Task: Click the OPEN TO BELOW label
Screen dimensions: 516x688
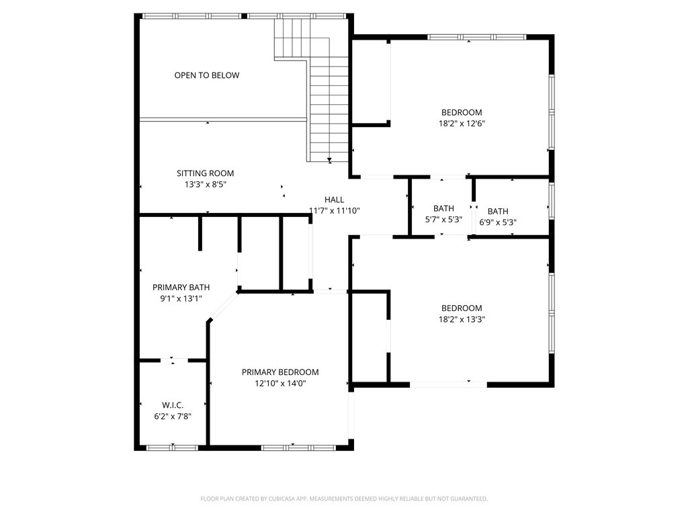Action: click(206, 75)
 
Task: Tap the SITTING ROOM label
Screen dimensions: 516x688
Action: click(205, 173)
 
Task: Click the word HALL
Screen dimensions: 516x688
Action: click(334, 200)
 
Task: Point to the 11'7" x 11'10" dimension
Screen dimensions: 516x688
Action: click(334, 210)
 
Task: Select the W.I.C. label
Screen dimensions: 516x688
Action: click(173, 405)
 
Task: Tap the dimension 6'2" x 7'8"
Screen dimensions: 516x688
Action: click(173, 416)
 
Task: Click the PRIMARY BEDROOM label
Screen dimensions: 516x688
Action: click(280, 372)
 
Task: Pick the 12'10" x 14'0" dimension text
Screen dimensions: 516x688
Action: click(280, 384)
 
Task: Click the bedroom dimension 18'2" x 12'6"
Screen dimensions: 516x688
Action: click(462, 123)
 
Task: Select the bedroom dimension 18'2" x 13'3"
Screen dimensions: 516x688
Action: click(462, 319)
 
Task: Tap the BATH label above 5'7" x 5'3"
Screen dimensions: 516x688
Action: click(443, 208)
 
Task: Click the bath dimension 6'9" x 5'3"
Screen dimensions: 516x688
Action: click(498, 222)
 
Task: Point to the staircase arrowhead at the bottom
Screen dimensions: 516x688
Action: click(329, 160)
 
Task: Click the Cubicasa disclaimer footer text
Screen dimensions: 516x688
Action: click(344, 499)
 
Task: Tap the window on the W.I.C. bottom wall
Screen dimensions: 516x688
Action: click(173, 447)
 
